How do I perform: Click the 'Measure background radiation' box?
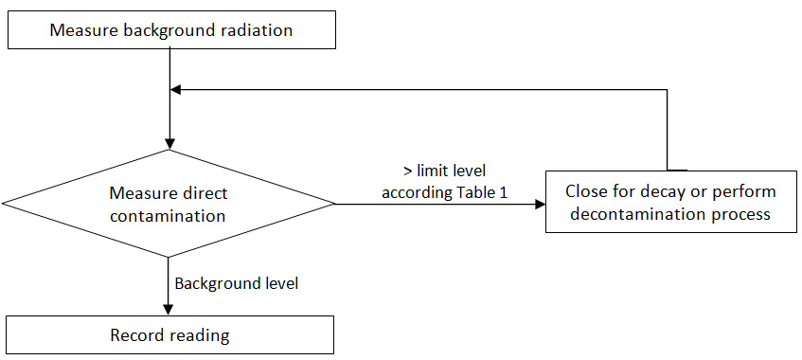coord(171,30)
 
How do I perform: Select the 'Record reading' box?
coord(169,334)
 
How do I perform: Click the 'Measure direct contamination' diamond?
coord(169,204)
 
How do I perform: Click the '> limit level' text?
coord(444,171)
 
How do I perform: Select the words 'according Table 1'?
coord(444,192)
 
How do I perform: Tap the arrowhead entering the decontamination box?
coord(539,204)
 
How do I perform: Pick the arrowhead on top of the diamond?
coord(169,143)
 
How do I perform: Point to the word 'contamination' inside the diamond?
coord(168,215)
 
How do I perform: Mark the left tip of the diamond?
coord(5,204)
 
